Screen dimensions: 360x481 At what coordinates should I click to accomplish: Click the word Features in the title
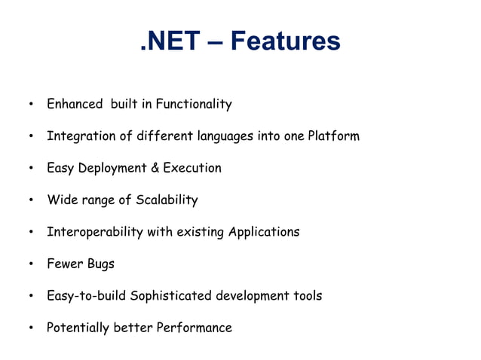pyautogui.click(x=285, y=41)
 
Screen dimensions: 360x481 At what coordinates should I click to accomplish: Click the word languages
pyautogui.click(x=226, y=136)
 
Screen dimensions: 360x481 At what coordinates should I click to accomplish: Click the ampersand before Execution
pyautogui.click(x=155, y=168)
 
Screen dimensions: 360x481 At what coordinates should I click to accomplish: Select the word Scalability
pyautogui.click(x=167, y=200)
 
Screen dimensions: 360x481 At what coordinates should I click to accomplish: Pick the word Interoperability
pyautogui.click(x=94, y=232)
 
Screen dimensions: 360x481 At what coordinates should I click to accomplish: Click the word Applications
pyautogui.click(x=263, y=232)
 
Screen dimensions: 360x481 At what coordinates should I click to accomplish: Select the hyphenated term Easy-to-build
pyautogui.click(x=86, y=296)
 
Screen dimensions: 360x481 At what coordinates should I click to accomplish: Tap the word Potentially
pyautogui.click(x=79, y=328)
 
